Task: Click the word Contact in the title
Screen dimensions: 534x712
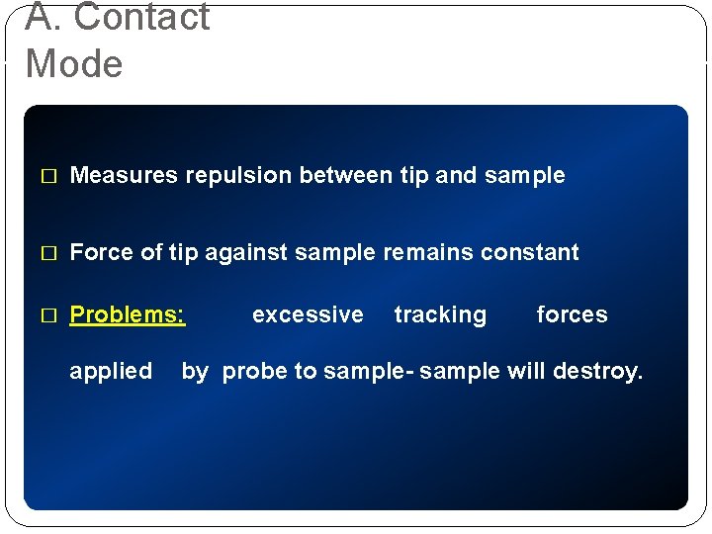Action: [141, 18]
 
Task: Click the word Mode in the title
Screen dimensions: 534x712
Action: [74, 64]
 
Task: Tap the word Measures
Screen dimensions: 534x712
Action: [124, 176]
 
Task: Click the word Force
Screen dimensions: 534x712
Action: [103, 253]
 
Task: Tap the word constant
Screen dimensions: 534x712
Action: [530, 253]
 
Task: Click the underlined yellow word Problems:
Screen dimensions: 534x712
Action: [128, 315]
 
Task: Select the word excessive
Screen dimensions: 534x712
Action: [308, 315]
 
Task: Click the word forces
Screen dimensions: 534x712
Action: [572, 315]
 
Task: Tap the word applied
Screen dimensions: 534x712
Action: [111, 372]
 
